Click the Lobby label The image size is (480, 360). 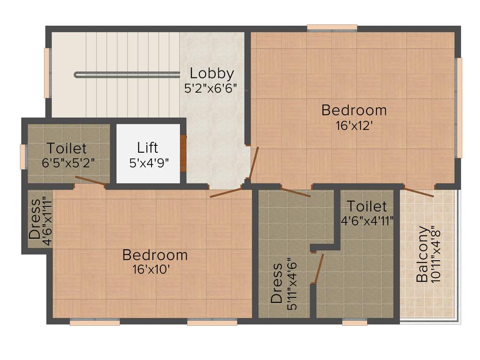click(211, 74)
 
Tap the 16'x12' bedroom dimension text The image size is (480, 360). click(354, 126)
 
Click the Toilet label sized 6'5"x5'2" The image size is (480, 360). click(67, 149)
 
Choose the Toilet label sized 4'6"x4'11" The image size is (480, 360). click(367, 206)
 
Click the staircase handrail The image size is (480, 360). click(127, 74)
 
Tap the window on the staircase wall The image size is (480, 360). click(47, 73)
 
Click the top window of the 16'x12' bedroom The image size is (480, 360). click(332, 28)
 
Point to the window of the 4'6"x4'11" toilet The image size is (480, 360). click(354, 322)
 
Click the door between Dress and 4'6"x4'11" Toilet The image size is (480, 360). click(318, 269)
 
